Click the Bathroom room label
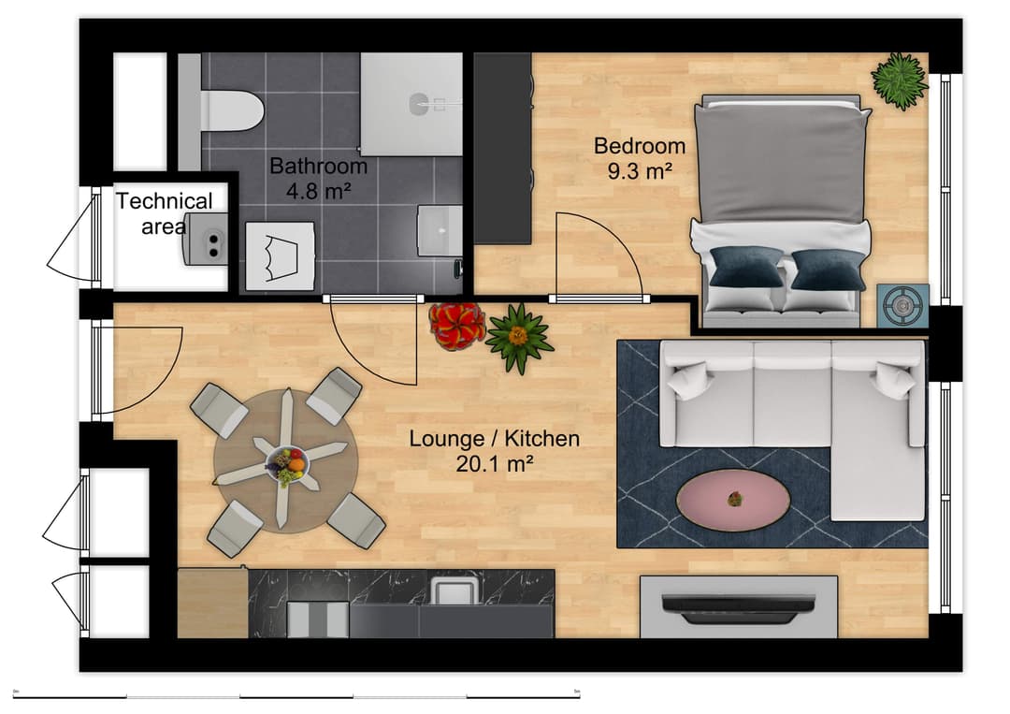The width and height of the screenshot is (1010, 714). (318, 178)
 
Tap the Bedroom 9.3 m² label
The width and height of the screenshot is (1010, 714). (640, 158)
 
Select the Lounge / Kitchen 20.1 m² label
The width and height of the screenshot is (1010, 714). (495, 450)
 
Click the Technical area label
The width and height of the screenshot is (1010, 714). (165, 213)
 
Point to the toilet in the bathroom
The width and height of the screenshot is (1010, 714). (228, 110)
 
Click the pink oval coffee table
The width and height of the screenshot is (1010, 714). (733, 500)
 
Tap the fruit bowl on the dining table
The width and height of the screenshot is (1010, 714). (285, 464)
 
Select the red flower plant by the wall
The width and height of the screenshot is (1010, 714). (456, 326)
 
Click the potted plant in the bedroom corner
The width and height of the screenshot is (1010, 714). (900, 80)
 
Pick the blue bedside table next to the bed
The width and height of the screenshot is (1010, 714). (902, 305)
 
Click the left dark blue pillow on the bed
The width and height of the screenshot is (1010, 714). (745, 267)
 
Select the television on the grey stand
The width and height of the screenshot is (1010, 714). (738, 607)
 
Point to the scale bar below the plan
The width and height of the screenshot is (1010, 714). (296, 695)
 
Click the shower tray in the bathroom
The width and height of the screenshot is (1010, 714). (411, 104)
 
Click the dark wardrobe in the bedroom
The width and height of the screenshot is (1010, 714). (502, 148)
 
